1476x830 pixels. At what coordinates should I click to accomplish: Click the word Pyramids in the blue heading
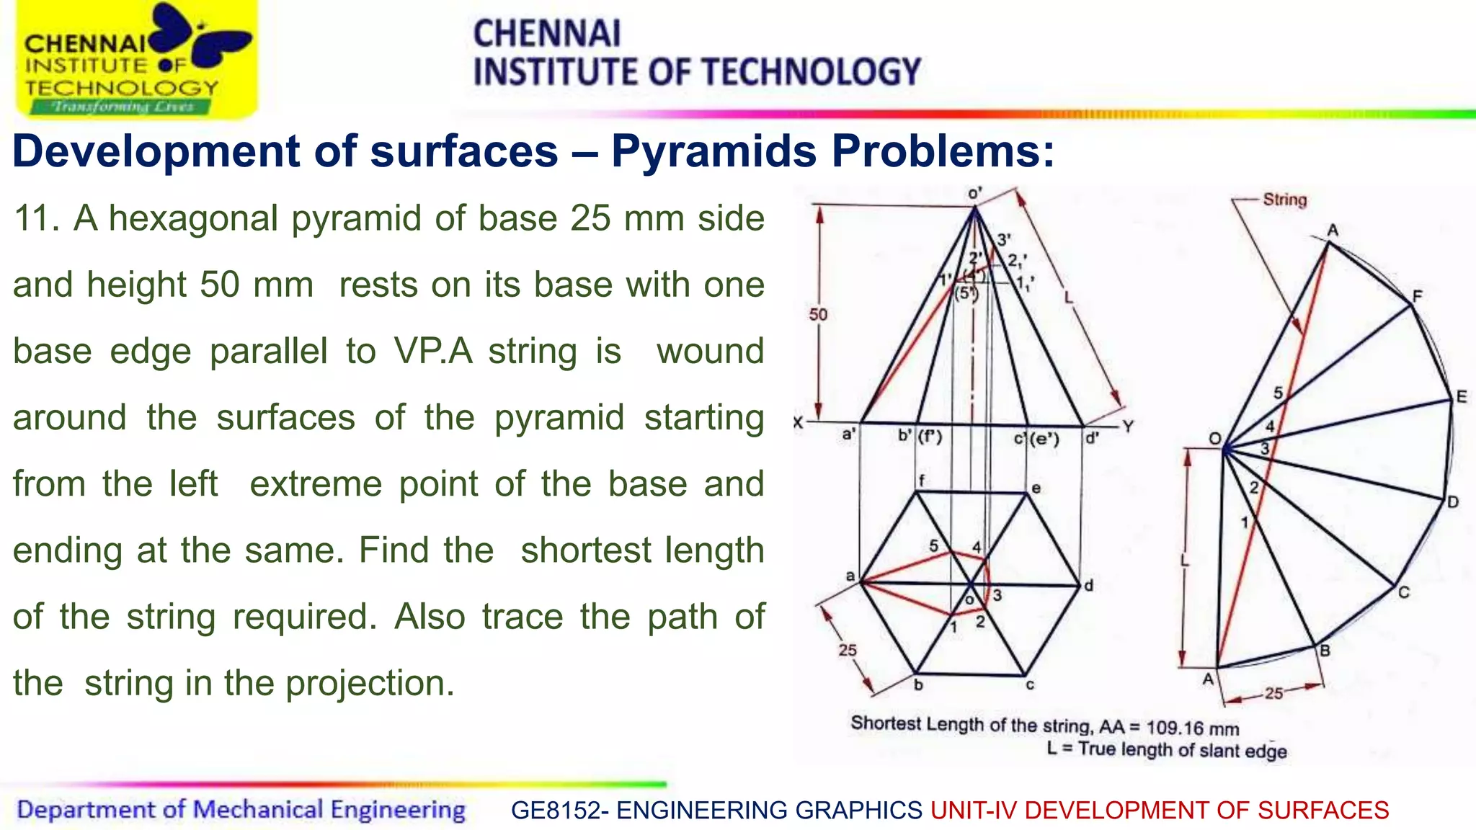[713, 151]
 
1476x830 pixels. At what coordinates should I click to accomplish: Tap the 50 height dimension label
[818, 314]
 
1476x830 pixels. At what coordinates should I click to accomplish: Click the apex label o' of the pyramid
[974, 194]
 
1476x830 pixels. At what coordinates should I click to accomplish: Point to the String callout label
[1284, 200]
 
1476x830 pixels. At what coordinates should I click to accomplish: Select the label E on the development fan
[1462, 396]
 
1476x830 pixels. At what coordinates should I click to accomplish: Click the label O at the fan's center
[1215, 439]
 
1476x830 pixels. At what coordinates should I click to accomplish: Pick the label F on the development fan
[1417, 296]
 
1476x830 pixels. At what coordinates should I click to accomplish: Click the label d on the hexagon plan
[1088, 586]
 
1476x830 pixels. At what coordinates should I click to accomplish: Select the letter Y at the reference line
[1128, 427]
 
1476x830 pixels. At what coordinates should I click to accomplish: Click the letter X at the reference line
[799, 423]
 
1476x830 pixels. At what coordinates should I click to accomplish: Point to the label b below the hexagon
[918, 684]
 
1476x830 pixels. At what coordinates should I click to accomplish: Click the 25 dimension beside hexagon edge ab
[848, 650]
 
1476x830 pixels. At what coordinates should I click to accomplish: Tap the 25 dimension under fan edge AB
[1273, 693]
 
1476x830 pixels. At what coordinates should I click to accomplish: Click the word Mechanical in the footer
[257, 810]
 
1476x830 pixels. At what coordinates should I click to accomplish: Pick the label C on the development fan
[1404, 592]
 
